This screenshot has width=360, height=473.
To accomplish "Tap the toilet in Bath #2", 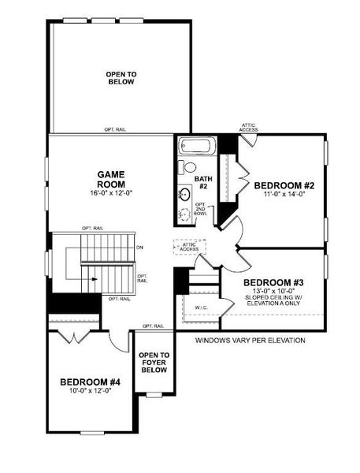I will (x=189, y=167).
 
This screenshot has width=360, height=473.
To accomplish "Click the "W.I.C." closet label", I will (x=201, y=307).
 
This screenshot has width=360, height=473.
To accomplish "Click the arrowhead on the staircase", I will (x=95, y=278).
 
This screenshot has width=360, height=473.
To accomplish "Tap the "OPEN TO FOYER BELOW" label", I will (x=154, y=362).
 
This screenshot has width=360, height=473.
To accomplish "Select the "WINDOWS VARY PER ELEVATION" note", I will (x=251, y=340).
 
